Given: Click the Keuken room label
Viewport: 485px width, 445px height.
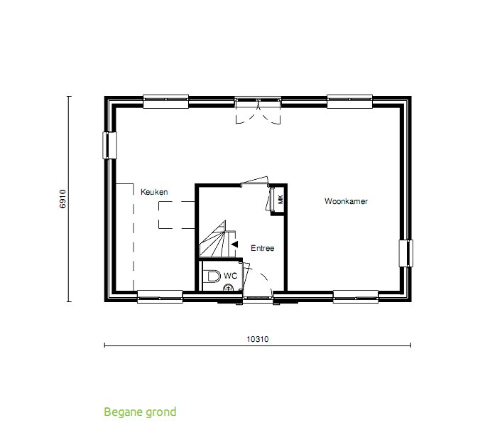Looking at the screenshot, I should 153,192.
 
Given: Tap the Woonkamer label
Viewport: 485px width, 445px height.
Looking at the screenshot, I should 346,201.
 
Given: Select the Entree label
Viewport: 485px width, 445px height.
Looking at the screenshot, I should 262,248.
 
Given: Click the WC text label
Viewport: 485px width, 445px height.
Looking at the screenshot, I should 230,275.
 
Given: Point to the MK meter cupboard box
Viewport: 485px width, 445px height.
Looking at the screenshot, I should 280,199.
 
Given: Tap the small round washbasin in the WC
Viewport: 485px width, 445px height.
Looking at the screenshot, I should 229,287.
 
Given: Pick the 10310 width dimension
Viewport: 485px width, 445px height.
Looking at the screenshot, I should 257,339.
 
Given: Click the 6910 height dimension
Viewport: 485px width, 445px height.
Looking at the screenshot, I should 62,198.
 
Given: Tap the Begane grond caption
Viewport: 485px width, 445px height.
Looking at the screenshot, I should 140,412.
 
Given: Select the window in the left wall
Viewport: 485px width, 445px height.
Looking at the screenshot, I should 109,146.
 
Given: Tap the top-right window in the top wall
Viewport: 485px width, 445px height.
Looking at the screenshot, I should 350,102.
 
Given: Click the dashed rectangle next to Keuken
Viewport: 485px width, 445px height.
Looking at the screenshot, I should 176,215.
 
